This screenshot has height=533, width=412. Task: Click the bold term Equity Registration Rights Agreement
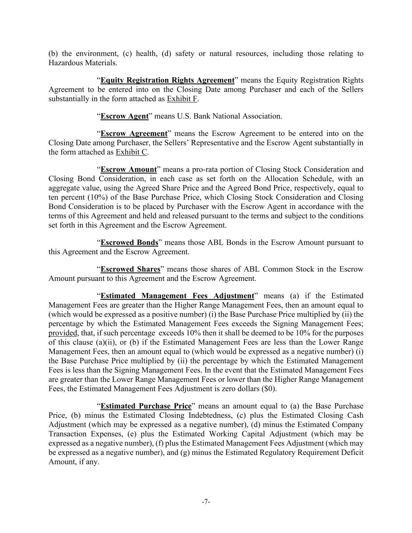click(167, 80)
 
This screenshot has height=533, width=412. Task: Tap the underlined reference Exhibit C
click(131, 152)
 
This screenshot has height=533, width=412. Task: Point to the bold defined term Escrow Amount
click(128, 169)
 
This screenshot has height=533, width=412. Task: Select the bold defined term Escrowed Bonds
click(129, 243)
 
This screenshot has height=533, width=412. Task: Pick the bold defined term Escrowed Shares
click(130, 269)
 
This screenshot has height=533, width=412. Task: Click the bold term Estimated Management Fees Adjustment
click(177, 296)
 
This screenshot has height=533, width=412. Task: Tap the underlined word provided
click(63, 333)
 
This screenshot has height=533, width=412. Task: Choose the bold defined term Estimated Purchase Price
click(146, 406)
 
